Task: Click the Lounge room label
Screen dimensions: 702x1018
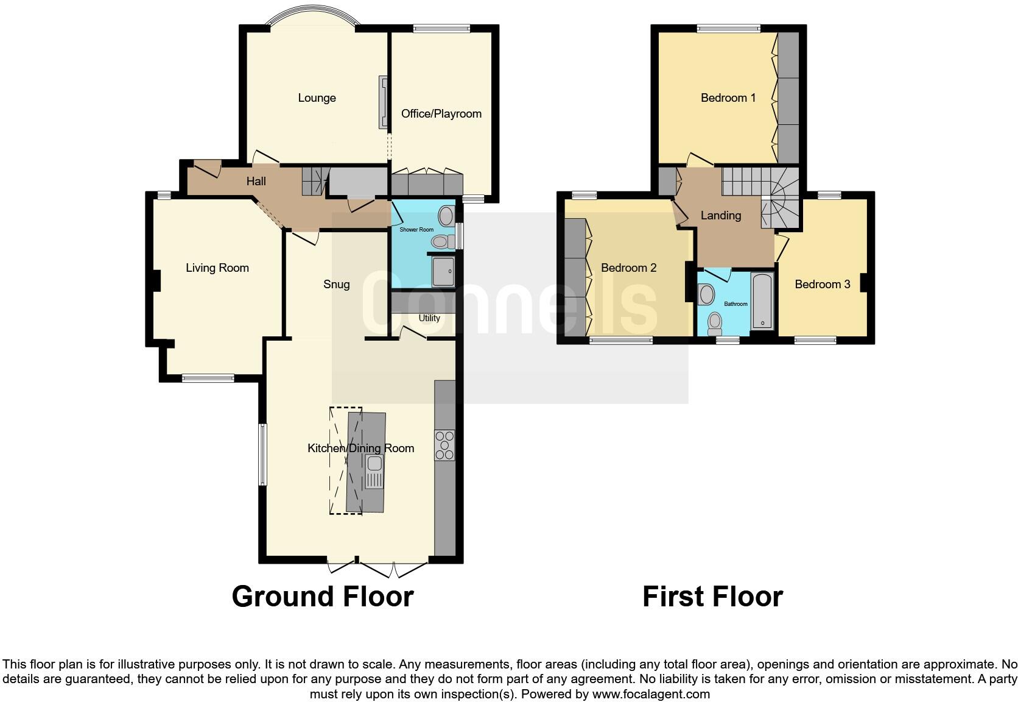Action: pyautogui.click(x=317, y=98)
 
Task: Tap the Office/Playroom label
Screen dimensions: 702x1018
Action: pyautogui.click(x=441, y=114)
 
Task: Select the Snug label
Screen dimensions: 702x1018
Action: pyautogui.click(x=336, y=285)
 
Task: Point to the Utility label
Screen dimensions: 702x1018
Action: pyautogui.click(x=429, y=318)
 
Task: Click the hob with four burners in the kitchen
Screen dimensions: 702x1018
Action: pyautogui.click(x=444, y=445)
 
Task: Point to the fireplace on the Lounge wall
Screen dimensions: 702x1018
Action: pyautogui.click(x=384, y=102)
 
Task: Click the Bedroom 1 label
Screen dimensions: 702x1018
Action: pyautogui.click(x=728, y=98)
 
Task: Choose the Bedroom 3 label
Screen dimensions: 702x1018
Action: pyautogui.click(x=822, y=285)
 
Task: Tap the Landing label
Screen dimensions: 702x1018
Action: pyautogui.click(x=720, y=216)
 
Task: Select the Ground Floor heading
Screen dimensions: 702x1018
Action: pyautogui.click(x=323, y=596)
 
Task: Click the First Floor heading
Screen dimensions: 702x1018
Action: pyautogui.click(x=712, y=596)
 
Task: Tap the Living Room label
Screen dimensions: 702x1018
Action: pyautogui.click(x=217, y=268)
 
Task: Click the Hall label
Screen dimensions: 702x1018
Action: pyautogui.click(x=256, y=182)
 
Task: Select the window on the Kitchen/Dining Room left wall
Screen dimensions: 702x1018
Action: pyautogui.click(x=263, y=455)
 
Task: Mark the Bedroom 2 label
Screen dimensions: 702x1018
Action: pyautogui.click(x=628, y=268)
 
